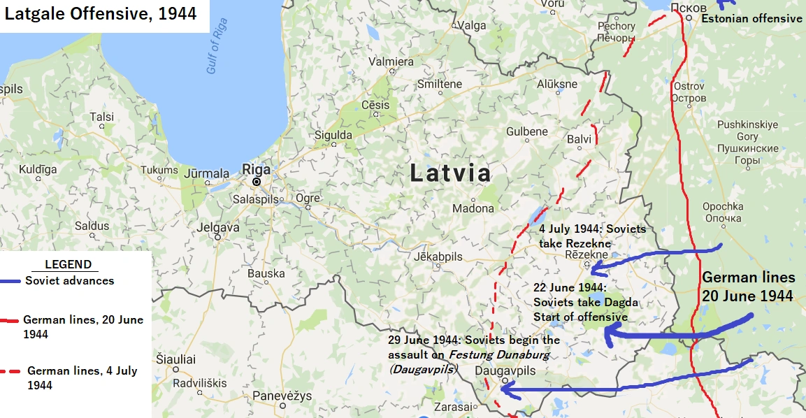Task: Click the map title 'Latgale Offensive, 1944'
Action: pyautogui.click(x=101, y=13)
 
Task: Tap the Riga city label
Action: pyautogui.click(x=255, y=168)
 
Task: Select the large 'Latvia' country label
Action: pyautogui.click(x=450, y=173)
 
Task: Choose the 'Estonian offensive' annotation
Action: pyautogui.click(x=751, y=19)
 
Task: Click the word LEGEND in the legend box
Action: pyautogui.click(x=68, y=264)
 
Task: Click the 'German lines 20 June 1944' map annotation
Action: pyautogui.click(x=748, y=287)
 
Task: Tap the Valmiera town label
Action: pyautogui.click(x=391, y=62)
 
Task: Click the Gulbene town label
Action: pyautogui.click(x=527, y=131)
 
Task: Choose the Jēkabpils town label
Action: pyautogui.click(x=438, y=257)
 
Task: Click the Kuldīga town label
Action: pyautogui.click(x=38, y=169)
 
